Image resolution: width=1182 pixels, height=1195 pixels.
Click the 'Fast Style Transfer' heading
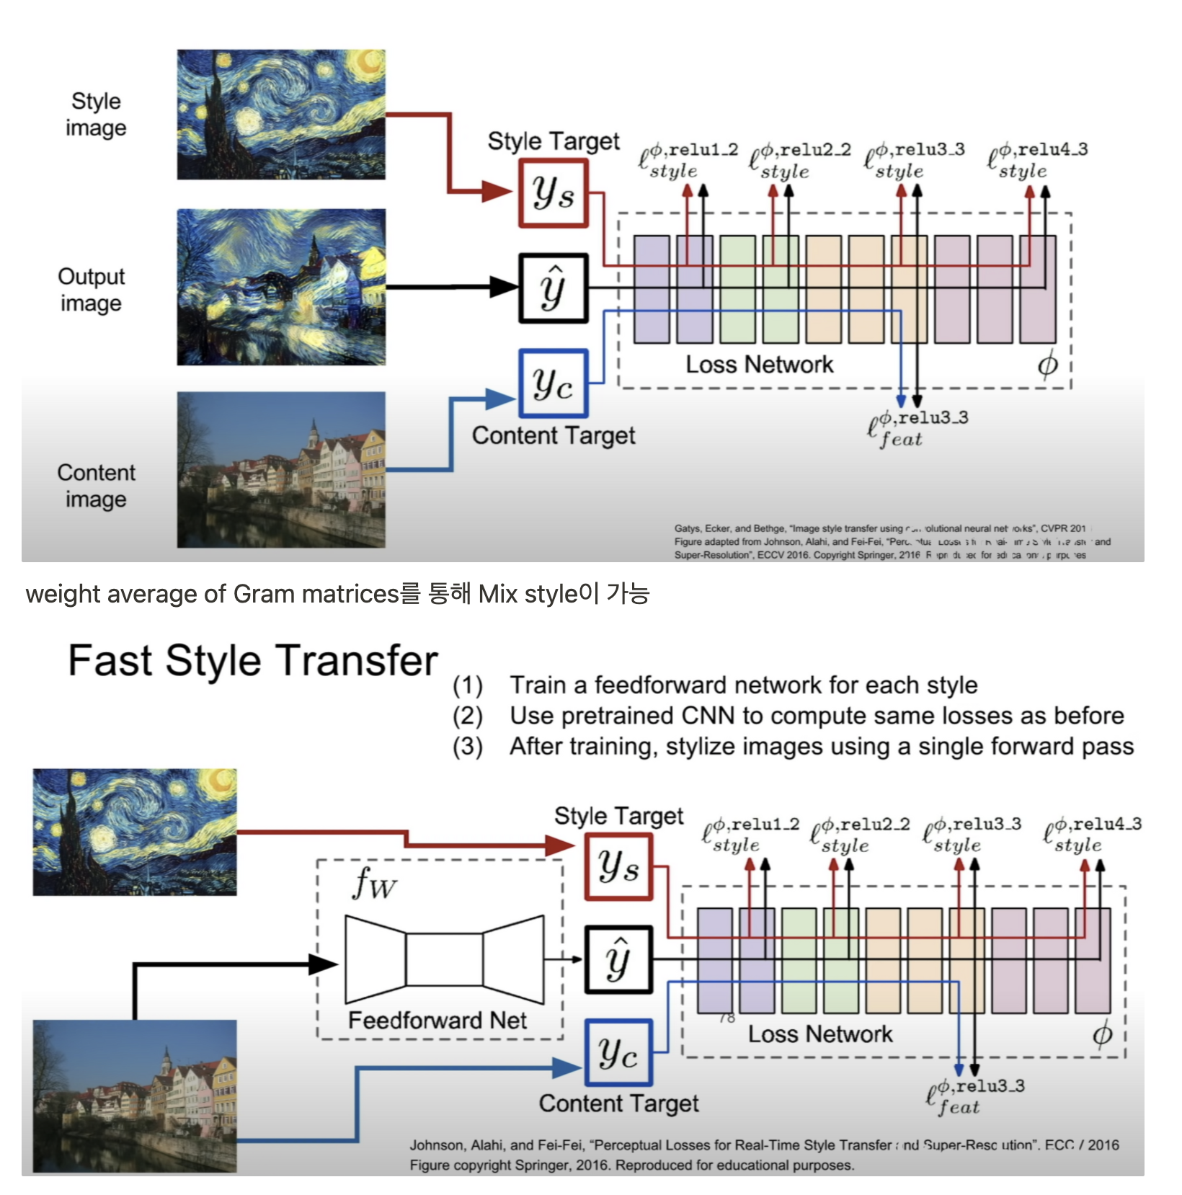click(252, 660)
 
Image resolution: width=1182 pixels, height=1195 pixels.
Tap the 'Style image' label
click(96, 115)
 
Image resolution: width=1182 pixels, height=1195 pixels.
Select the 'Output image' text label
click(92, 290)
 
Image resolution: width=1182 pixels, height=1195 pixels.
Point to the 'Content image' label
click(96, 486)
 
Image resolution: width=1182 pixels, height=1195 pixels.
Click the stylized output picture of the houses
click(281, 287)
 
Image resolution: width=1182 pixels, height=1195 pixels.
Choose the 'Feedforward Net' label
click(437, 1020)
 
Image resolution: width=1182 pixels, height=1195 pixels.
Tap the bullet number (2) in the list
click(467, 716)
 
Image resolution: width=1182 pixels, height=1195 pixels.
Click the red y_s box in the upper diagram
click(554, 193)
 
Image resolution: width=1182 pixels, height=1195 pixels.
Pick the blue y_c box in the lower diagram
click(618, 1053)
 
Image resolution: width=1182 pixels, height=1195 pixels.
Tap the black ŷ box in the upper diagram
click(554, 288)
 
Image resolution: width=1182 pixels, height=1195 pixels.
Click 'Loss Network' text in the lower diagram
click(819, 1034)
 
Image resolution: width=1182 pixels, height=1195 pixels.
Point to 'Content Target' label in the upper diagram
click(554, 435)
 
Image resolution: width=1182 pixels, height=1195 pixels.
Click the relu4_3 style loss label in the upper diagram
click(1038, 160)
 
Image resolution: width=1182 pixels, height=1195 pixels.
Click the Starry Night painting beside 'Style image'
click(281, 115)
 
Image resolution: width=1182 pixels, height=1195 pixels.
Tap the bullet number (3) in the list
click(467, 747)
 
